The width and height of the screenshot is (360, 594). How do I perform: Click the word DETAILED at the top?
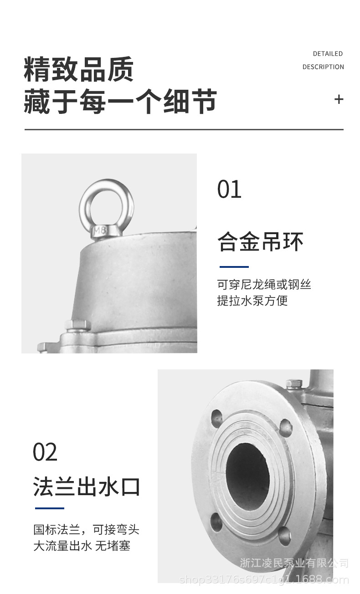(x=328, y=54)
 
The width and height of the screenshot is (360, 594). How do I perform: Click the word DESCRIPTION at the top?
(x=323, y=67)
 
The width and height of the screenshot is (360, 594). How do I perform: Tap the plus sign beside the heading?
(x=339, y=99)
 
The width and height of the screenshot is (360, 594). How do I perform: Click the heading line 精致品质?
(x=79, y=69)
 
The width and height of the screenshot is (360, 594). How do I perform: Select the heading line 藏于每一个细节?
(x=120, y=102)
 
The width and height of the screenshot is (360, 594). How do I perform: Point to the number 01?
(x=229, y=189)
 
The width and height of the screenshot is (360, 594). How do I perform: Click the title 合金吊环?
(x=260, y=241)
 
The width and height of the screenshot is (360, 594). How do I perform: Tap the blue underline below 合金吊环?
(x=234, y=267)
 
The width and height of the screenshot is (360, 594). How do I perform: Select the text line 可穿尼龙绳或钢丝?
(x=264, y=285)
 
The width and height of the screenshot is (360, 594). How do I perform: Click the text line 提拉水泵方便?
(x=252, y=301)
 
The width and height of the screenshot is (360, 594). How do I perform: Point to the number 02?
(x=45, y=452)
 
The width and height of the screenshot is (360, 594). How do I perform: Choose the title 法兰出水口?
(x=86, y=486)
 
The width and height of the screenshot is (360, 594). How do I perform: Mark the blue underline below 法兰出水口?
(x=50, y=508)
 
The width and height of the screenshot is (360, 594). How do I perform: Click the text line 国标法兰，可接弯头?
(x=86, y=530)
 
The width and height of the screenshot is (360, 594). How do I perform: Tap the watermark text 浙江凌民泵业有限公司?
(x=294, y=563)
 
